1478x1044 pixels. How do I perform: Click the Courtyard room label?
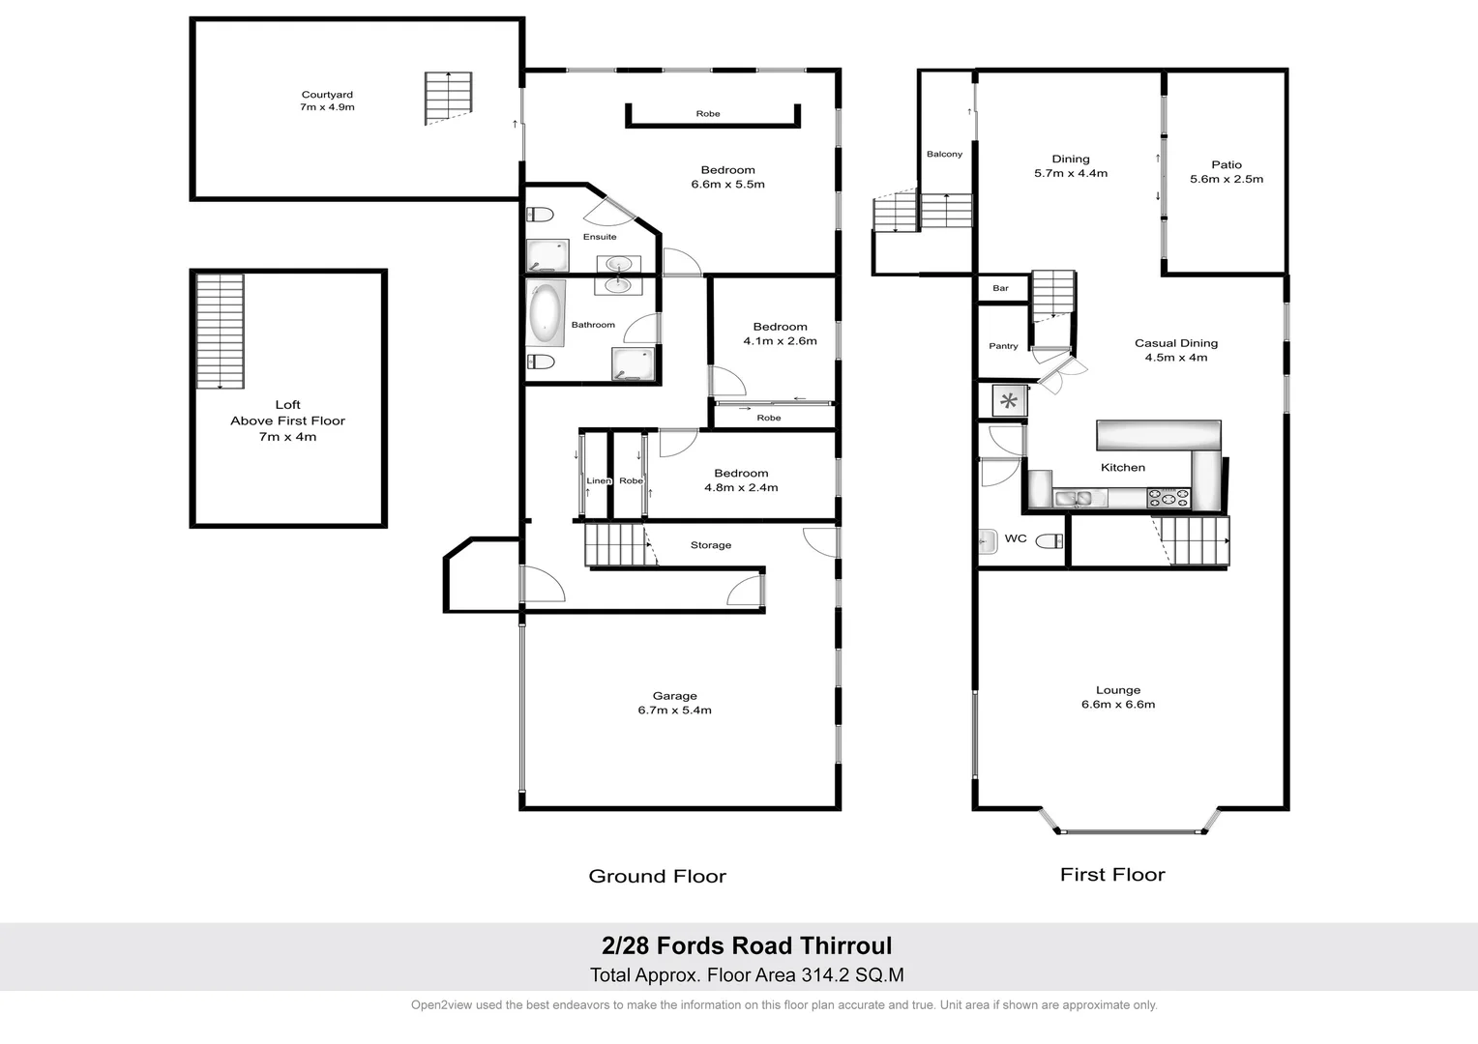pos(327,95)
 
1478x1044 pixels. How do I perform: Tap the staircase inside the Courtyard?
pos(448,97)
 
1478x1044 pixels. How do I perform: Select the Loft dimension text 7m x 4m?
pos(287,437)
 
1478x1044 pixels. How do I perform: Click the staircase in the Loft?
pos(220,331)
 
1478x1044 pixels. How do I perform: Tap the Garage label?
pos(674,696)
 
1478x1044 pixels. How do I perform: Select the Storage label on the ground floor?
pos(710,545)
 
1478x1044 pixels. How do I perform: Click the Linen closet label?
pos(598,481)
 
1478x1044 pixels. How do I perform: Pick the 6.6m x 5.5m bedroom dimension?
pos(727,185)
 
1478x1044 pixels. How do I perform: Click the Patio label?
pos(1226,165)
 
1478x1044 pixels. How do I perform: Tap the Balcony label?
pos(944,155)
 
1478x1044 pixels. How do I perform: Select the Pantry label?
pos(1003,346)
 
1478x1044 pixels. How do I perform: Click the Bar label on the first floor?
pos(1000,288)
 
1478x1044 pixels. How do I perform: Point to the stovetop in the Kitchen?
pos(1168,498)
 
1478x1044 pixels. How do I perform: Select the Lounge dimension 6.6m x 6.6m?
pos(1118,705)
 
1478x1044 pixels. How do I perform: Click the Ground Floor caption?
pos(657,877)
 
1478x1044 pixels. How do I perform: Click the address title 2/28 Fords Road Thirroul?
pos(747,946)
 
